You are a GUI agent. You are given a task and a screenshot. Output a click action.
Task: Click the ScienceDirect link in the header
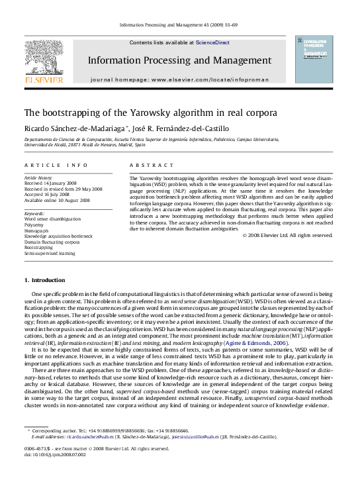point(212,42)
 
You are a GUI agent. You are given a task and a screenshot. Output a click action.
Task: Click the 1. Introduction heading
point(44,281)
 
